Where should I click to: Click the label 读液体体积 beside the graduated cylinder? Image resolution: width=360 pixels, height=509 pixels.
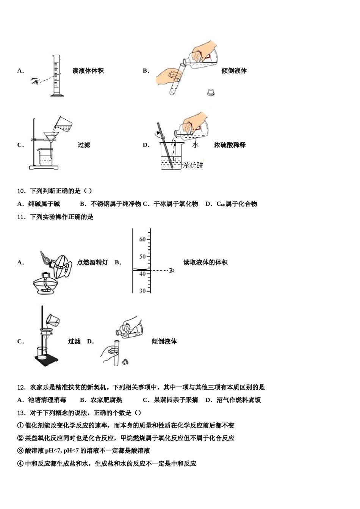click(88, 71)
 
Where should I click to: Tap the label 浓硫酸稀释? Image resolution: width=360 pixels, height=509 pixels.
click(230, 145)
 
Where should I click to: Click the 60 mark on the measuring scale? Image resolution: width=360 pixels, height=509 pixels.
click(142, 239)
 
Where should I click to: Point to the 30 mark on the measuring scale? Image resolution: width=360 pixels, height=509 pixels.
click(142, 291)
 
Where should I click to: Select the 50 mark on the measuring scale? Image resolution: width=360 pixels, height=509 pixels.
click(142, 257)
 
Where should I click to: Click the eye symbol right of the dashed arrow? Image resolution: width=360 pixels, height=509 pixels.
click(171, 270)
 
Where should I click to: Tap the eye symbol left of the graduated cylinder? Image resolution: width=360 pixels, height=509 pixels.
click(35, 81)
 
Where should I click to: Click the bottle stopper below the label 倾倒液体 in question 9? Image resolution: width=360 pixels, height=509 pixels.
click(211, 92)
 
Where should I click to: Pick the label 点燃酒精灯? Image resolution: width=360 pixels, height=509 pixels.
click(92, 262)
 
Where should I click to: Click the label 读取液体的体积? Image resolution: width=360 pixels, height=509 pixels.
click(205, 262)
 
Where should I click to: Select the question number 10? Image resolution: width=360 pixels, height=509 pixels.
click(21, 191)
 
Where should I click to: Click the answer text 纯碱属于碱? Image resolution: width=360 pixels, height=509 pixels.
click(44, 204)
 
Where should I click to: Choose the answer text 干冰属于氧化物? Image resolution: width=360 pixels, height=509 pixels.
click(176, 204)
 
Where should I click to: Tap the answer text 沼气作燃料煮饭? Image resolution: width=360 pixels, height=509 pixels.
click(239, 400)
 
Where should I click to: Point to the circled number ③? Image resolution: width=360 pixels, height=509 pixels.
click(20, 451)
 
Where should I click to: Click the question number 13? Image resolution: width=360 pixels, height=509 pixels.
click(21, 413)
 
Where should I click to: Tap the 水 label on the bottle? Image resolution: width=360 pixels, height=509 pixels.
click(195, 145)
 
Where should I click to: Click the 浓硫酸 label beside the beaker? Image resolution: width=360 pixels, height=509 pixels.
click(193, 165)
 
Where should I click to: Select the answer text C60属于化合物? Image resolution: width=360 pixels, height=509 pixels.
click(237, 204)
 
